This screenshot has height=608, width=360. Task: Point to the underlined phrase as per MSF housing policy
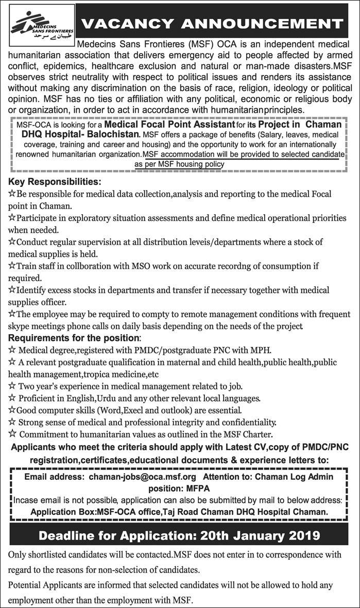click(x=179, y=164)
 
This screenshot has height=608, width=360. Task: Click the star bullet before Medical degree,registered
click(x=12, y=350)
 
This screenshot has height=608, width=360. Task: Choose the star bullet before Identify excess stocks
click(x=12, y=290)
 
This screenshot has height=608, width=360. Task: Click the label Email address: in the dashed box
click(x=55, y=477)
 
